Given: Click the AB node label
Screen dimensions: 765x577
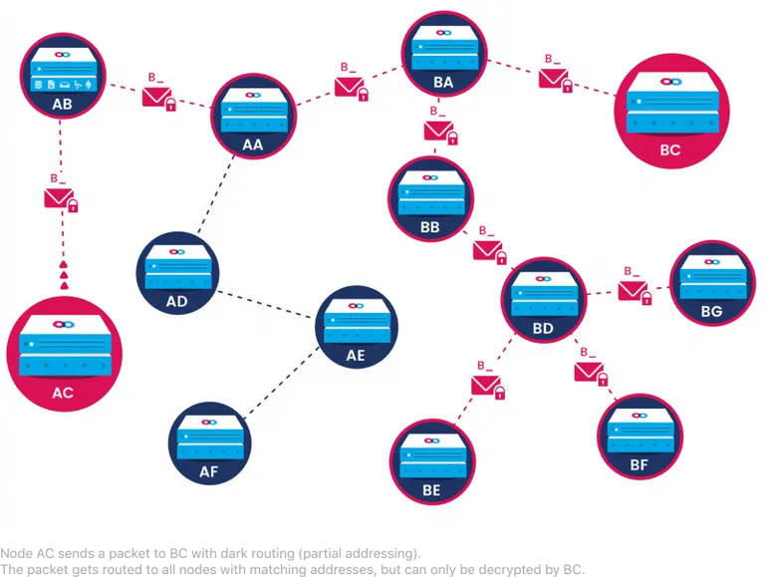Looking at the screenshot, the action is [x=62, y=104].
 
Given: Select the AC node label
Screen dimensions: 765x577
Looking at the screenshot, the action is [x=63, y=393].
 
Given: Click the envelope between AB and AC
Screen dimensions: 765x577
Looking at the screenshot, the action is [x=59, y=198].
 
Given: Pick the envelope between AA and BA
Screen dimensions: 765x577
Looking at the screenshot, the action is [x=349, y=87].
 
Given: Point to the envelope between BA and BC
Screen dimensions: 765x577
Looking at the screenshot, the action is [x=553, y=79].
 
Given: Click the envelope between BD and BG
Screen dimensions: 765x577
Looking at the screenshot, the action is [x=633, y=291].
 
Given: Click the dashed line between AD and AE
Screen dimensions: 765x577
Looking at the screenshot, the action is [x=265, y=305].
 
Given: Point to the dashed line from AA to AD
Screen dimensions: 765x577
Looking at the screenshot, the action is [x=215, y=194].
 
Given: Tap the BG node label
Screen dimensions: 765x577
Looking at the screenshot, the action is [x=711, y=312].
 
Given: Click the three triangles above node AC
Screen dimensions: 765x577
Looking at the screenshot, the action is [x=64, y=275].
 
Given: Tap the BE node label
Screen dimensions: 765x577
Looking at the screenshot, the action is [x=431, y=490].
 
